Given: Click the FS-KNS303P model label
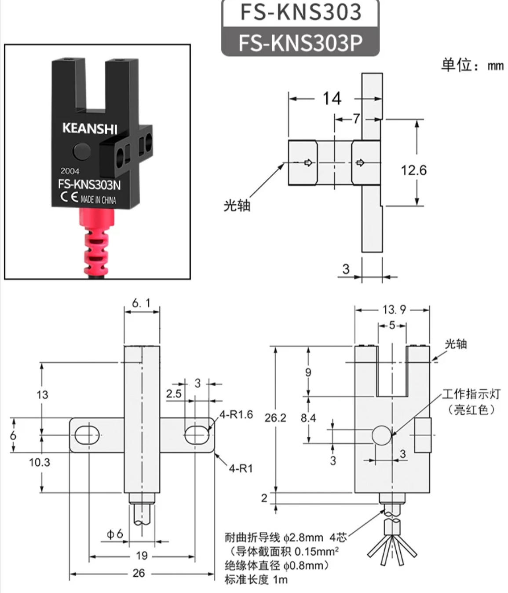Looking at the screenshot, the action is (300, 43).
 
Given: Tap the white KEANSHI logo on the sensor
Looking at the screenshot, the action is (90, 128).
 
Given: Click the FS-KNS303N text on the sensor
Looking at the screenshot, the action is (89, 184).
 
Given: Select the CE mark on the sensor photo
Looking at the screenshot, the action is (69, 197).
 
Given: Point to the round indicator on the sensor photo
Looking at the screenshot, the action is (82, 151).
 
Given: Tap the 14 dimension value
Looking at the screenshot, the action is (332, 99).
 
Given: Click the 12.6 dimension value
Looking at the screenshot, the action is (413, 170).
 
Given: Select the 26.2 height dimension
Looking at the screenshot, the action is (275, 418).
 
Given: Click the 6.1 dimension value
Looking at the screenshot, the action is (141, 303).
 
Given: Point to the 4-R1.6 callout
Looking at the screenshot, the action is (236, 414).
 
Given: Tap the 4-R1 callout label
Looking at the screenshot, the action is (241, 468).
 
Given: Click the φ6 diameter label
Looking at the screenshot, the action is (115, 534).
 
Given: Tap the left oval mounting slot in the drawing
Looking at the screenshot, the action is (88, 435).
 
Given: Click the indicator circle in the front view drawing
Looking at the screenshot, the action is (382, 435).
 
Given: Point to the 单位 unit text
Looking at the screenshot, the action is (457, 65).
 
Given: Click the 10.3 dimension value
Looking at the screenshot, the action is (39, 462).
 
